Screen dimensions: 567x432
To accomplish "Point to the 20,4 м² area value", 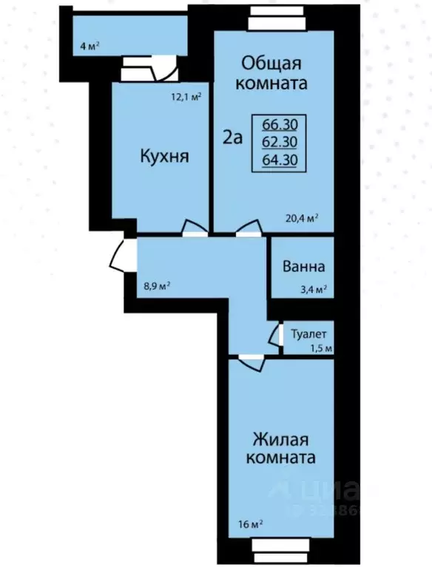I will pyautogui.click(x=302, y=218).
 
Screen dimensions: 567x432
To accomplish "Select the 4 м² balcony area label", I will pyautogui.click(x=90, y=46).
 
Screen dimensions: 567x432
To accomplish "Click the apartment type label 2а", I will pyautogui.click(x=233, y=137).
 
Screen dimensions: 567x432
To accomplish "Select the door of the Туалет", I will pyautogui.click(x=274, y=336).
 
